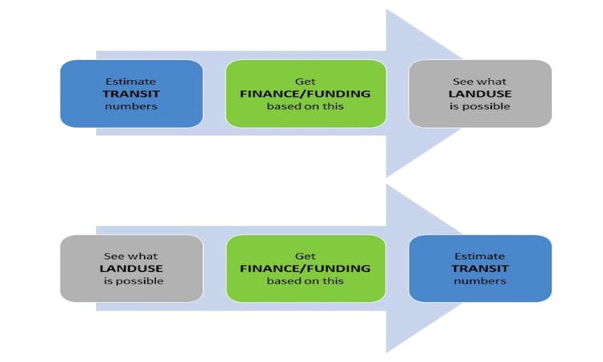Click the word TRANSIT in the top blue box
point(131,93)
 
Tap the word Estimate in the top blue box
point(130,82)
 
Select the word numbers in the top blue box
point(131,106)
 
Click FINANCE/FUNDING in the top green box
point(305,93)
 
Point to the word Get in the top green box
point(305,82)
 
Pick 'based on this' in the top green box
point(305,106)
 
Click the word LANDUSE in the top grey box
point(480,93)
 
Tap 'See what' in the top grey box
point(480,82)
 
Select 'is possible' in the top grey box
point(480,106)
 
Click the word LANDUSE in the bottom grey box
point(131,269)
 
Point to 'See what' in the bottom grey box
point(130,256)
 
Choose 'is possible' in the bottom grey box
point(134,281)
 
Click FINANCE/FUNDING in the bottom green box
point(305,269)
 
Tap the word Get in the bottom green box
point(305,256)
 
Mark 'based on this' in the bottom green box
point(305,280)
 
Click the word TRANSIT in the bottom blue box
point(480,269)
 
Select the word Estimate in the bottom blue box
point(480,256)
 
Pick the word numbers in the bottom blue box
point(480,280)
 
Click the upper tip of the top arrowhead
point(387,10)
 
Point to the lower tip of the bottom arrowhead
point(387,352)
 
